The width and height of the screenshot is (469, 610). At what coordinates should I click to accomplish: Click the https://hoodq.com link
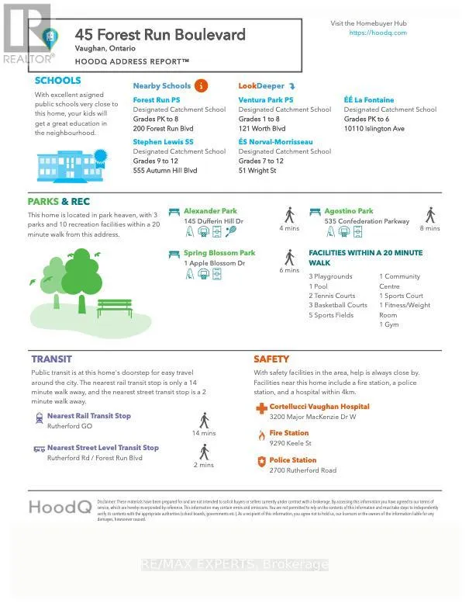[x=378, y=33]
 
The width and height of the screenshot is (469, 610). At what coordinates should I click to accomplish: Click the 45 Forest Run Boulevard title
[x=160, y=34]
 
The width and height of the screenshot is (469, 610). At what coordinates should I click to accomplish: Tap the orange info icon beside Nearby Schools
[x=201, y=85]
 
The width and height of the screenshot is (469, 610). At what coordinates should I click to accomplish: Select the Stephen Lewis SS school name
[x=163, y=142]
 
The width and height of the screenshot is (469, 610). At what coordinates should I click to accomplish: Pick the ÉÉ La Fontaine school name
[x=369, y=100]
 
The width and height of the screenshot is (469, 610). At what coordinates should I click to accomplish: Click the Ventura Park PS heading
[x=266, y=100]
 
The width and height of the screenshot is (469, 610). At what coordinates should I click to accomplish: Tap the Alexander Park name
[x=210, y=211]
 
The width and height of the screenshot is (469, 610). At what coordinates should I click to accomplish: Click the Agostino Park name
[x=349, y=211]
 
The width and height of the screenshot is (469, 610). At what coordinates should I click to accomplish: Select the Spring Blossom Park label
[x=219, y=253]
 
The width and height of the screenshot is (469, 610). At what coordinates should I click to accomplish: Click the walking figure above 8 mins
[x=430, y=215]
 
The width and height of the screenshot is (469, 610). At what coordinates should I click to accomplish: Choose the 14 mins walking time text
[x=204, y=434]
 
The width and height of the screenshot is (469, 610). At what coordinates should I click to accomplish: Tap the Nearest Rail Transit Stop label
[x=89, y=416]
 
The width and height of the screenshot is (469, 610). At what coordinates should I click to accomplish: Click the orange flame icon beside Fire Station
[x=261, y=435]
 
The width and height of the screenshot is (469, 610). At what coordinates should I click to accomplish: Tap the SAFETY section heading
[x=271, y=359]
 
